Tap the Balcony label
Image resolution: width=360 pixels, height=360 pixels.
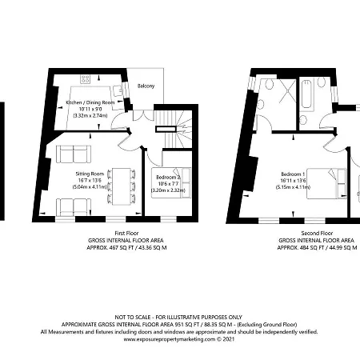(145, 86)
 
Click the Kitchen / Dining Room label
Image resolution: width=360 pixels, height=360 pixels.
(90, 104)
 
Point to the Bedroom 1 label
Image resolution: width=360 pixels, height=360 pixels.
(294, 174)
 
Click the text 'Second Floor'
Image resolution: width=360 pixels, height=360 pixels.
(316, 233)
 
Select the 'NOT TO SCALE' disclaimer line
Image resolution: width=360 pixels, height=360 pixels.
(179, 317)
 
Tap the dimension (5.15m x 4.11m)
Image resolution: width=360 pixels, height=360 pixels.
(294, 186)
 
